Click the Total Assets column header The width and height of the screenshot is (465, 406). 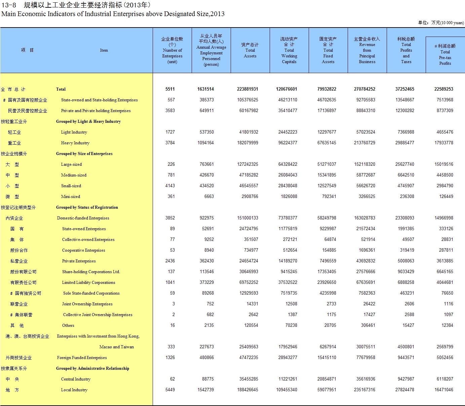[250, 50]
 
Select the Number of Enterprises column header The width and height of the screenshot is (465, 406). [172, 50]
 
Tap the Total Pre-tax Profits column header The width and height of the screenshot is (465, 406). [445, 55]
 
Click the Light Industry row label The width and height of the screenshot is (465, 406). [74, 132]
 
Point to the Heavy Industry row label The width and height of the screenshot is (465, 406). [75, 143]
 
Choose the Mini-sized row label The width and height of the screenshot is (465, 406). [71, 197]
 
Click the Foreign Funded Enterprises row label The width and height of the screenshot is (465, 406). [82, 358]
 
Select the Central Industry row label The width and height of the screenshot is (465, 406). [76, 379]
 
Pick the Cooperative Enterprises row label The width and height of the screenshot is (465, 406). [84, 250]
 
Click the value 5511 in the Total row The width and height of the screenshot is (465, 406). [170, 89]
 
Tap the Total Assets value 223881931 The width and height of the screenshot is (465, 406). [247, 89]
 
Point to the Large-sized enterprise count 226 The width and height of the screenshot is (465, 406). [171, 164]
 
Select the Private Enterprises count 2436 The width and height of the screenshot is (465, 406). [170, 261]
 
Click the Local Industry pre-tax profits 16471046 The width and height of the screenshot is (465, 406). [444, 390]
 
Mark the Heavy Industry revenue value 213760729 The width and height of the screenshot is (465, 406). [364, 143]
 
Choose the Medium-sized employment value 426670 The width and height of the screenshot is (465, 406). [207, 175]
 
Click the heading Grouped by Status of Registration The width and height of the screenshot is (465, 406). [87, 207]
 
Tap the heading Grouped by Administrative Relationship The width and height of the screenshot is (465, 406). [92, 368]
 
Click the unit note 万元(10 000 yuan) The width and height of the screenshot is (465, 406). [447, 23]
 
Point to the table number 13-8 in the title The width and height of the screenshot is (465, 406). [9, 5]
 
